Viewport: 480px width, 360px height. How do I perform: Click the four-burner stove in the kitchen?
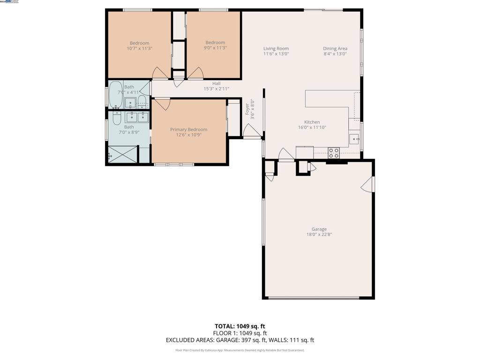pos(333,153)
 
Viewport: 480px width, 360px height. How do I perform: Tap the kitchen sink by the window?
pos(354,139)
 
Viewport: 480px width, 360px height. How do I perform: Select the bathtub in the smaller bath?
pos(115,95)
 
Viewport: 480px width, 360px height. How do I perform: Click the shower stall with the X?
pos(123,155)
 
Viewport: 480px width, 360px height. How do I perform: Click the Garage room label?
pos(319,229)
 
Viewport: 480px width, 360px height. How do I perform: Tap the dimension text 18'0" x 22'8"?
pos(319,234)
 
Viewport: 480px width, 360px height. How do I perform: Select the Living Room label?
pos(276,48)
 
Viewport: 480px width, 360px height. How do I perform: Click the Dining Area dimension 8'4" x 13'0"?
pos(335,54)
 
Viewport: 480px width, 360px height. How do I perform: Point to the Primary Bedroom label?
pos(188,129)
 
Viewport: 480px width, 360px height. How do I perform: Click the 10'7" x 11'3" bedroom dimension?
pos(139,48)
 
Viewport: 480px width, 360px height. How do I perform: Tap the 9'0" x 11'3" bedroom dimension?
pos(215,48)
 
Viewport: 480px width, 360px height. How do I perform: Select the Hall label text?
pos(216,83)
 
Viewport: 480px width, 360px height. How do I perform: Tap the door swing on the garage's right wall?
pos(368,184)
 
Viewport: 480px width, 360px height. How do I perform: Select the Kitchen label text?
pos(312,122)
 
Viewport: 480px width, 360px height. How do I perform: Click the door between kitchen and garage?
pos(286,154)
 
